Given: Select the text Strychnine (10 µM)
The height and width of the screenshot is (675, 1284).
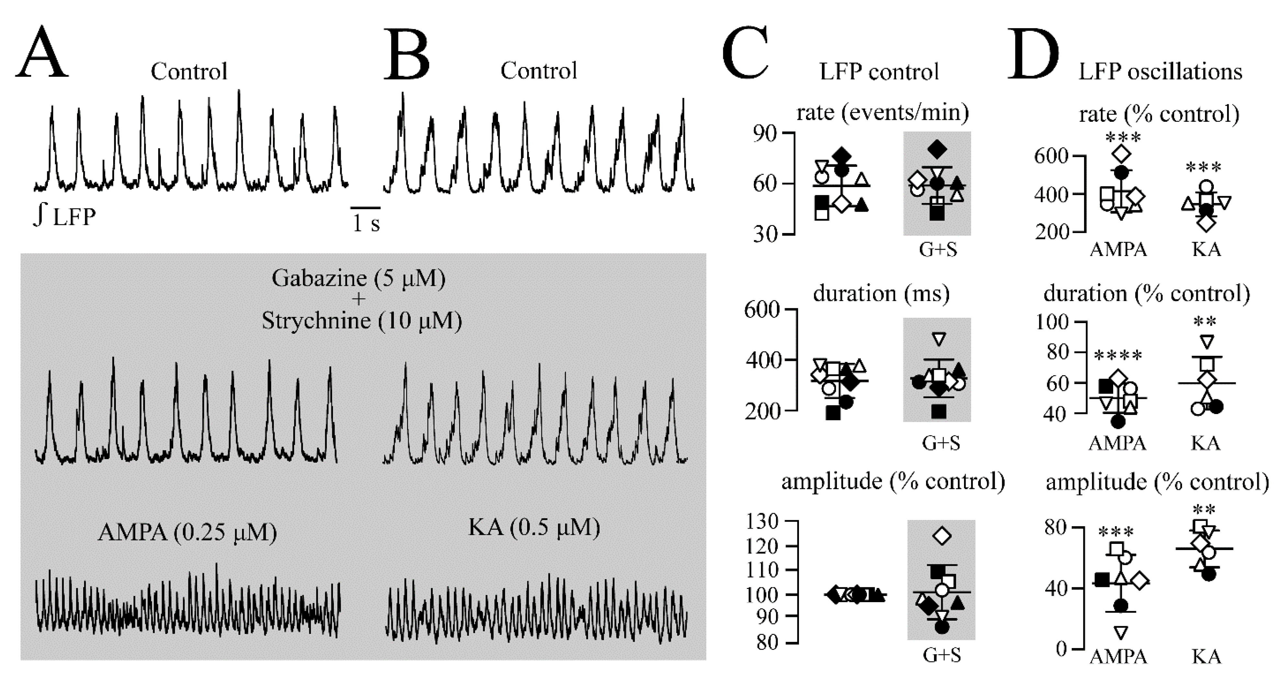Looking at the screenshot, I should tap(362, 321).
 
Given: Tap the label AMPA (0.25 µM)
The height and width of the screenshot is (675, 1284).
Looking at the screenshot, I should tap(187, 533).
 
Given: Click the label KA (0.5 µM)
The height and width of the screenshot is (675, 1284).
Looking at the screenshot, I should tap(534, 527).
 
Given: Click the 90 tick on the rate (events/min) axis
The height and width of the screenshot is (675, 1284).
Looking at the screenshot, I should tap(765, 134).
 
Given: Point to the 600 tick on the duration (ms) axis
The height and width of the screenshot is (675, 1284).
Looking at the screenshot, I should tap(762, 309).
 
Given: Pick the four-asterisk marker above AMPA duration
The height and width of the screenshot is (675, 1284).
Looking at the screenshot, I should tap(1118, 356).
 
